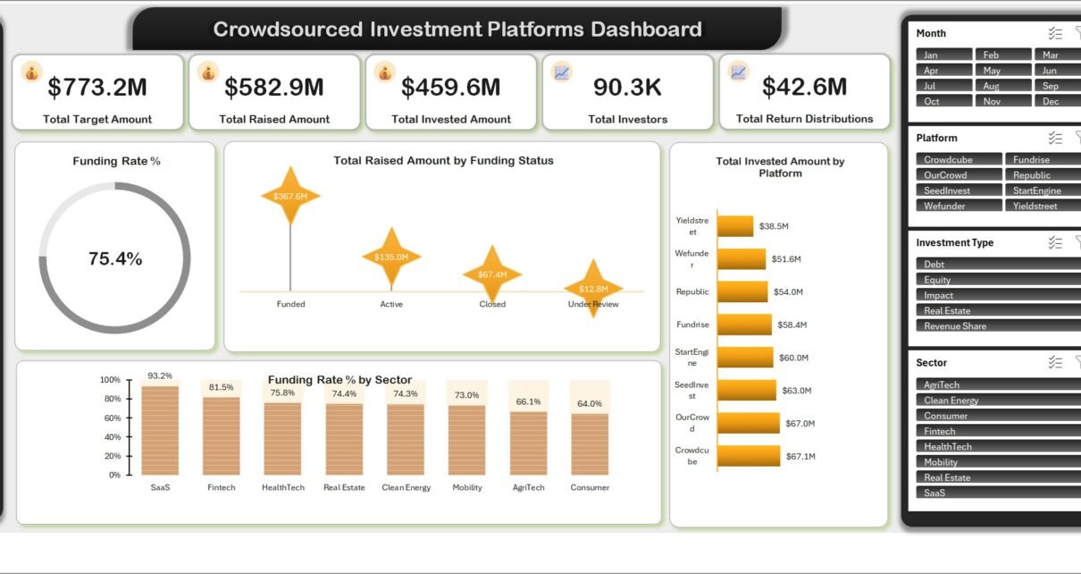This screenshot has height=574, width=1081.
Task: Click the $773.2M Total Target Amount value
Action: [97, 87]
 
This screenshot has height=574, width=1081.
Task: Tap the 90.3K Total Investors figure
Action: [627, 88]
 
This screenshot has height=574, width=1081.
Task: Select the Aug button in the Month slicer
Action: [1002, 86]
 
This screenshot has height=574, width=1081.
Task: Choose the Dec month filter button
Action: [1058, 101]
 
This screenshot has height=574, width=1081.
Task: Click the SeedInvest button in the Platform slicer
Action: [959, 190]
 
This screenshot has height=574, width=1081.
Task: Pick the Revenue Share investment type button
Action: [999, 325]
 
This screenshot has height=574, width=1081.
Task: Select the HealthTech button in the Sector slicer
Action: [999, 446]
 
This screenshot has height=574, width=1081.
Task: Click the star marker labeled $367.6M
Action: [290, 196]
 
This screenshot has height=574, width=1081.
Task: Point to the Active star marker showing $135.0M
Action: [391, 257]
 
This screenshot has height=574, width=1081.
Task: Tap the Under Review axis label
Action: [593, 304]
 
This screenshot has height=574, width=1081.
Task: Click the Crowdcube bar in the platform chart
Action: [749, 456]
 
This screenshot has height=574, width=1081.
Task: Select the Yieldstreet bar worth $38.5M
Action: [735, 226]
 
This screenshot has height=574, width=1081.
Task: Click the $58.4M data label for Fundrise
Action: [792, 325]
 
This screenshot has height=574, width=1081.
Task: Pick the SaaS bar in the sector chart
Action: [160, 431]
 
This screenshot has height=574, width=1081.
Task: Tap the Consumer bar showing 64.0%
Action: [590, 444]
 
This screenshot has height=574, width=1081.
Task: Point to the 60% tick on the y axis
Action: [113, 418]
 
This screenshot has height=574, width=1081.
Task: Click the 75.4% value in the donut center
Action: [115, 258]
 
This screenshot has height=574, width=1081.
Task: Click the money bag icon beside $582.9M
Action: [208, 72]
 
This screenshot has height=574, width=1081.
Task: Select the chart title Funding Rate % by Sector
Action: [339, 380]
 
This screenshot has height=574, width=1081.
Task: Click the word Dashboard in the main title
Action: [646, 29]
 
